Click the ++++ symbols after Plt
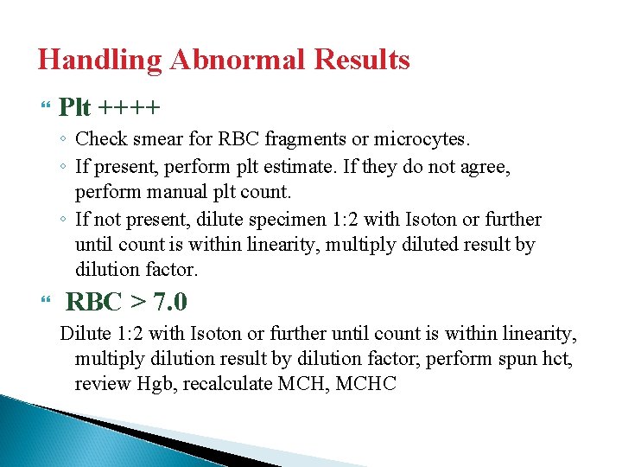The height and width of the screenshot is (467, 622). [x=129, y=108]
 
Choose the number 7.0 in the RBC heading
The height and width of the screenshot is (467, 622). [x=170, y=303]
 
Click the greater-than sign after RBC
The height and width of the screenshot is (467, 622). [x=138, y=303]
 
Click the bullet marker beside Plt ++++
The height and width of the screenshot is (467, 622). [x=46, y=107]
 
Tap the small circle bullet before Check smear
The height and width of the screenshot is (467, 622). [x=65, y=139]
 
